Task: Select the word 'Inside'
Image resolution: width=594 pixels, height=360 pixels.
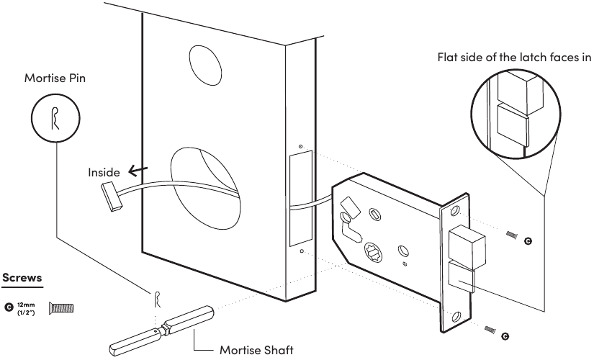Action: click(x=104, y=173)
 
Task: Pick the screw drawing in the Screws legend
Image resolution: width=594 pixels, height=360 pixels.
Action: click(x=61, y=308)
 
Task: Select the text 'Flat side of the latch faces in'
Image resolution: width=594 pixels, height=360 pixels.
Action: click(x=513, y=58)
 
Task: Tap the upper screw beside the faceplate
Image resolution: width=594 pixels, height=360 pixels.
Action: click(x=512, y=235)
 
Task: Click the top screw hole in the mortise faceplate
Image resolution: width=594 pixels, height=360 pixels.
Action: click(x=455, y=212)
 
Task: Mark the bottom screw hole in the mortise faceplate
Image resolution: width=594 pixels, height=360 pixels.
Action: click(x=455, y=316)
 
